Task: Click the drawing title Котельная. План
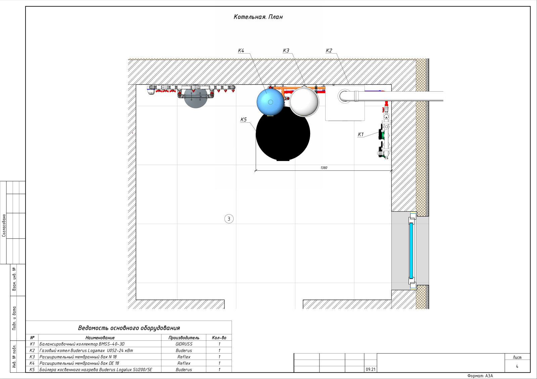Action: point(258,17)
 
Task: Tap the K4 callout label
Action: point(241,51)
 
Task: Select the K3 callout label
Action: point(286,51)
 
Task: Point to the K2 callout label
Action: point(329,51)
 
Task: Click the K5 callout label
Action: point(244,119)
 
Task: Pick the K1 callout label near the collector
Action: point(360,134)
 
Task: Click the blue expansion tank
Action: point(271,102)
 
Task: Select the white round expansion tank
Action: point(304,102)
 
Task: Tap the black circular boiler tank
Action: point(283,134)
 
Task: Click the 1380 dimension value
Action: point(324,168)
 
